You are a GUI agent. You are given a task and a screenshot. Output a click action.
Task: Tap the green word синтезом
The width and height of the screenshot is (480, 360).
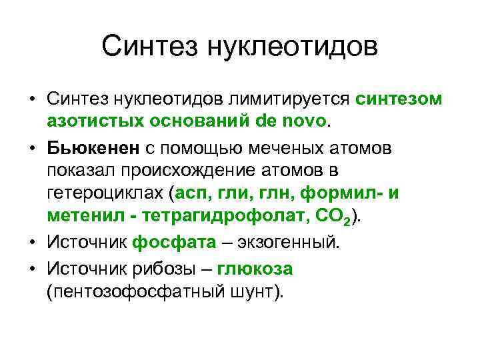point(398,99)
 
